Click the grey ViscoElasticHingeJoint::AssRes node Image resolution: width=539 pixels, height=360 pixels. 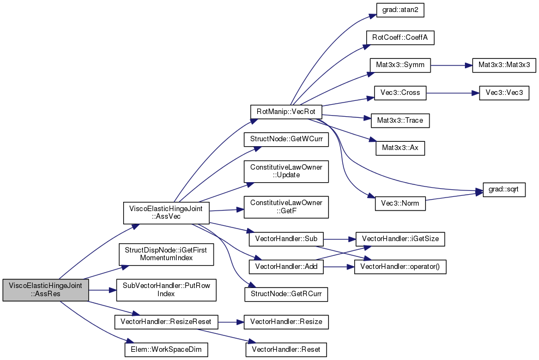(46, 290)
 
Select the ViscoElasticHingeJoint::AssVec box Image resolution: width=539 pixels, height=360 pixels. (166, 212)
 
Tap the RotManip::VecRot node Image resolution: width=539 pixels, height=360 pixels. (286, 112)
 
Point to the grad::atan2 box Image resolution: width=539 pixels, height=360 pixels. (400, 10)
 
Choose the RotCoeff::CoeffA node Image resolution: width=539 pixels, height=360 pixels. (400, 38)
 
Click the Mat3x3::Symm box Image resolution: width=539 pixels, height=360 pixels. (400, 65)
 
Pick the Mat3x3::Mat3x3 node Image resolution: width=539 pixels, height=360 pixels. (504, 65)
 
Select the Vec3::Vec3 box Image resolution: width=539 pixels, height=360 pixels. (504, 93)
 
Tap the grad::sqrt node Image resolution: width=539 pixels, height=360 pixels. (504, 190)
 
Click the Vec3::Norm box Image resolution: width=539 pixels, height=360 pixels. (400, 203)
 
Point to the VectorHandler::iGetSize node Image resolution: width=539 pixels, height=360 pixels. (400, 239)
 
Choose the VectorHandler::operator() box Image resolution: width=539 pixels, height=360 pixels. (400, 267)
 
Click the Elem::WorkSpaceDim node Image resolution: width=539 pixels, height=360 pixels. (166, 350)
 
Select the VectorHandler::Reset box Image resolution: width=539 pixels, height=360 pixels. (286, 350)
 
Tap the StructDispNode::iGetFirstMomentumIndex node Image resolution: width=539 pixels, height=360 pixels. (166, 254)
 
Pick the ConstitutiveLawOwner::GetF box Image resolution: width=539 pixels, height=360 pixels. (286, 207)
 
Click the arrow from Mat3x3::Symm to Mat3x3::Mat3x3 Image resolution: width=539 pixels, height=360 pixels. (451, 65)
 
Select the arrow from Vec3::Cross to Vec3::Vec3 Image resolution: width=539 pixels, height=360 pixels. (453, 93)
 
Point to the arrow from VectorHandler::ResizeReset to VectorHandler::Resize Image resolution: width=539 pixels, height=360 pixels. (231, 322)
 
